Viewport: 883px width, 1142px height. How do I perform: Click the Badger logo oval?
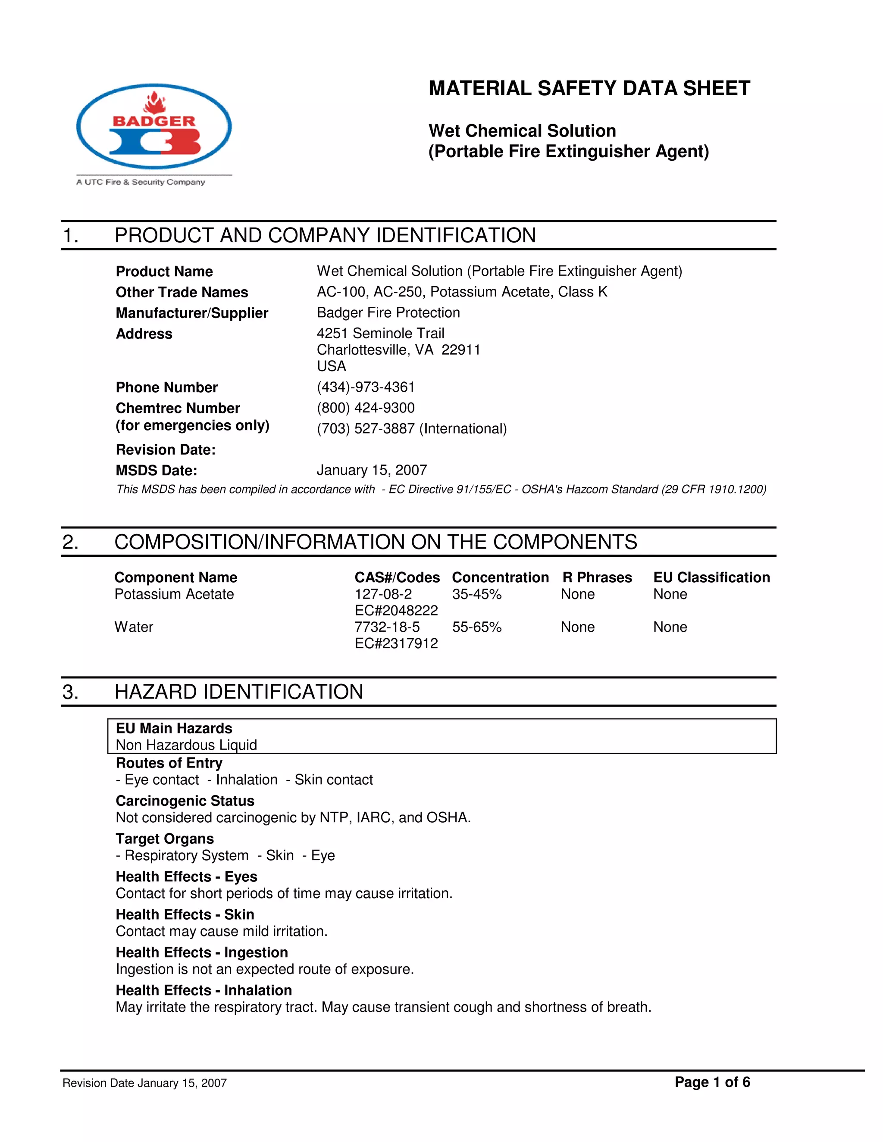154,127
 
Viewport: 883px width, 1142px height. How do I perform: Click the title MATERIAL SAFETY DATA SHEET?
589,88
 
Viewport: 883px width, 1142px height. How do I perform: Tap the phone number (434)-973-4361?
366,387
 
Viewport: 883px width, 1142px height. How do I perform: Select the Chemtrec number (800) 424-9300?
366,408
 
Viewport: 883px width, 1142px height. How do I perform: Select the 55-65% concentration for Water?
476,627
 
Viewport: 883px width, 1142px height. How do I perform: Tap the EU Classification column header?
711,577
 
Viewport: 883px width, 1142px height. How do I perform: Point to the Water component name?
134,627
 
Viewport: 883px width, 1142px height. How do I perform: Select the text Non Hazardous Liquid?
186,745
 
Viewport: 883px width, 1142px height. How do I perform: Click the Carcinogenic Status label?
185,801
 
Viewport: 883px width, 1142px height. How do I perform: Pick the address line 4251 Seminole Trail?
380,333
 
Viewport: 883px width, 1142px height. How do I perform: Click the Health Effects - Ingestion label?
201,952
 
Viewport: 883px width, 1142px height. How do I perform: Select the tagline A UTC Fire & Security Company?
140,182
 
